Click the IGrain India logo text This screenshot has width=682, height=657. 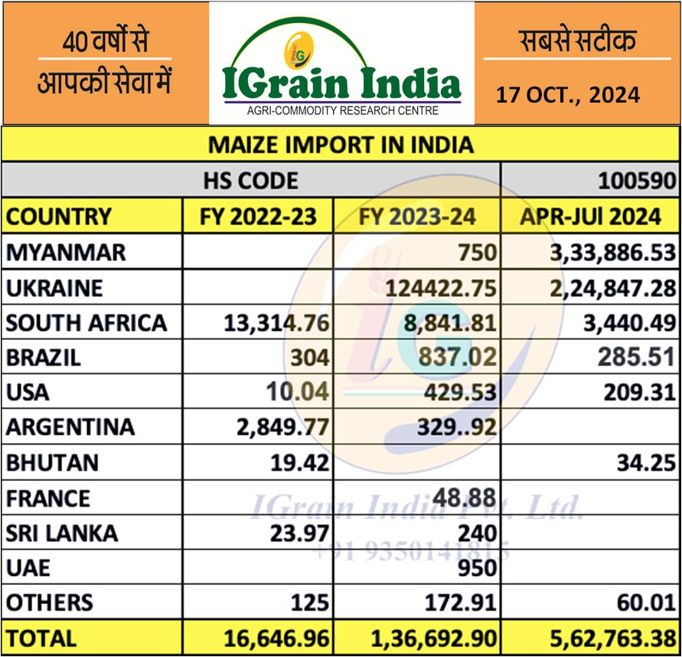pos(341,83)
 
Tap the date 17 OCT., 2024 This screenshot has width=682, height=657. pos(567,96)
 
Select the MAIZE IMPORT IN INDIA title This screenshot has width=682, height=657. pos(341,145)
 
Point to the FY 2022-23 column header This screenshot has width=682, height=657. pos(258,217)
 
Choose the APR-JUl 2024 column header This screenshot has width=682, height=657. pos(590,217)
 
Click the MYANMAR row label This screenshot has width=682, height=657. pos(66,252)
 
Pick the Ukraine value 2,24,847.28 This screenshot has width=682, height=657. pos(613,287)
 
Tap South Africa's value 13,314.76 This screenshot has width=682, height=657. pos(277,322)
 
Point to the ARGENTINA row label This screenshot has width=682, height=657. pos(70,427)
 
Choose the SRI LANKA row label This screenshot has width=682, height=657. pos(62,532)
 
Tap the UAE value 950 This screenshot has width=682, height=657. pos(478,567)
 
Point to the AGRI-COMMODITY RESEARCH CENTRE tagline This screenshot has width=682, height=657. pos(342,111)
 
